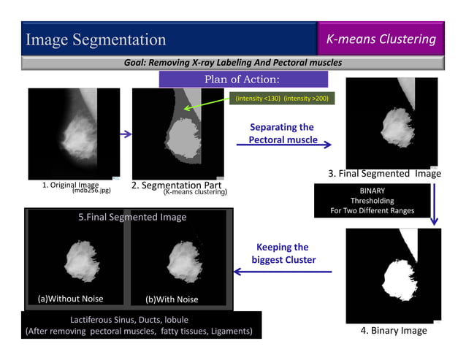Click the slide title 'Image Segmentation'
tap(96, 39)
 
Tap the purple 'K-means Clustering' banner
tap(381, 39)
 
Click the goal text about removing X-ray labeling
tap(232, 63)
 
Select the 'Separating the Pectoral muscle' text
tap(281, 133)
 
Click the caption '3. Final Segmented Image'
tap(384, 174)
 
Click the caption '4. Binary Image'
tap(394, 331)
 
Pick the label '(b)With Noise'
tap(172, 299)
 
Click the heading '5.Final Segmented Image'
tap(132, 217)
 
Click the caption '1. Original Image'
tap(70, 185)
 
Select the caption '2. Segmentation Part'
tap(176, 185)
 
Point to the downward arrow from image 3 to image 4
tap(434, 202)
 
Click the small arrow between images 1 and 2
tap(125, 134)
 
